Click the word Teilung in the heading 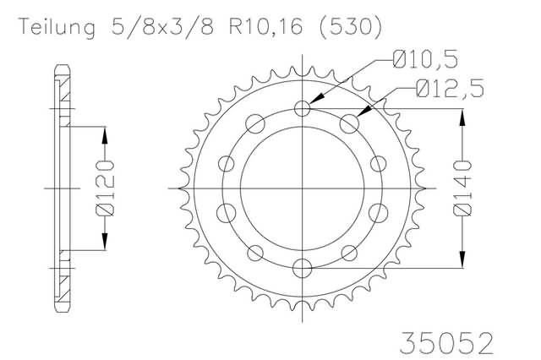point(57,27)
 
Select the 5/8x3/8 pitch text point(162,26)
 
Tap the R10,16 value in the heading point(266,27)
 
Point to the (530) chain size point(351,26)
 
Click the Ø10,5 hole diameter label point(425,59)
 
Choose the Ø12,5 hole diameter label point(450,88)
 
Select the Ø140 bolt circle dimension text point(462,188)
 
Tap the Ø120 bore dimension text point(105,188)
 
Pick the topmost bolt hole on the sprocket point(303,109)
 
